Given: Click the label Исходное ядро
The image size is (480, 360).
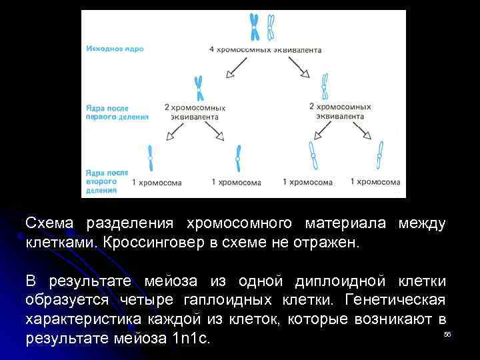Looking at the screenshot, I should pyautogui.click(x=115, y=49).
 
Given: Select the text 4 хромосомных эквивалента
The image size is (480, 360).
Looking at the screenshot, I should pyautogui.click(x=265, y=49).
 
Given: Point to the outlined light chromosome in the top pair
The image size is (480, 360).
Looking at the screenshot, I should pyautogui.click(x=270, y=27).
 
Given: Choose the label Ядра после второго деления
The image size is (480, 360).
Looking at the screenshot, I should pyautogui.click(x=107, y=181).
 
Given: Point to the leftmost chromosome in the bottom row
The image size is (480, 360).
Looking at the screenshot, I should pyautogui.click(x=150, y=159).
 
